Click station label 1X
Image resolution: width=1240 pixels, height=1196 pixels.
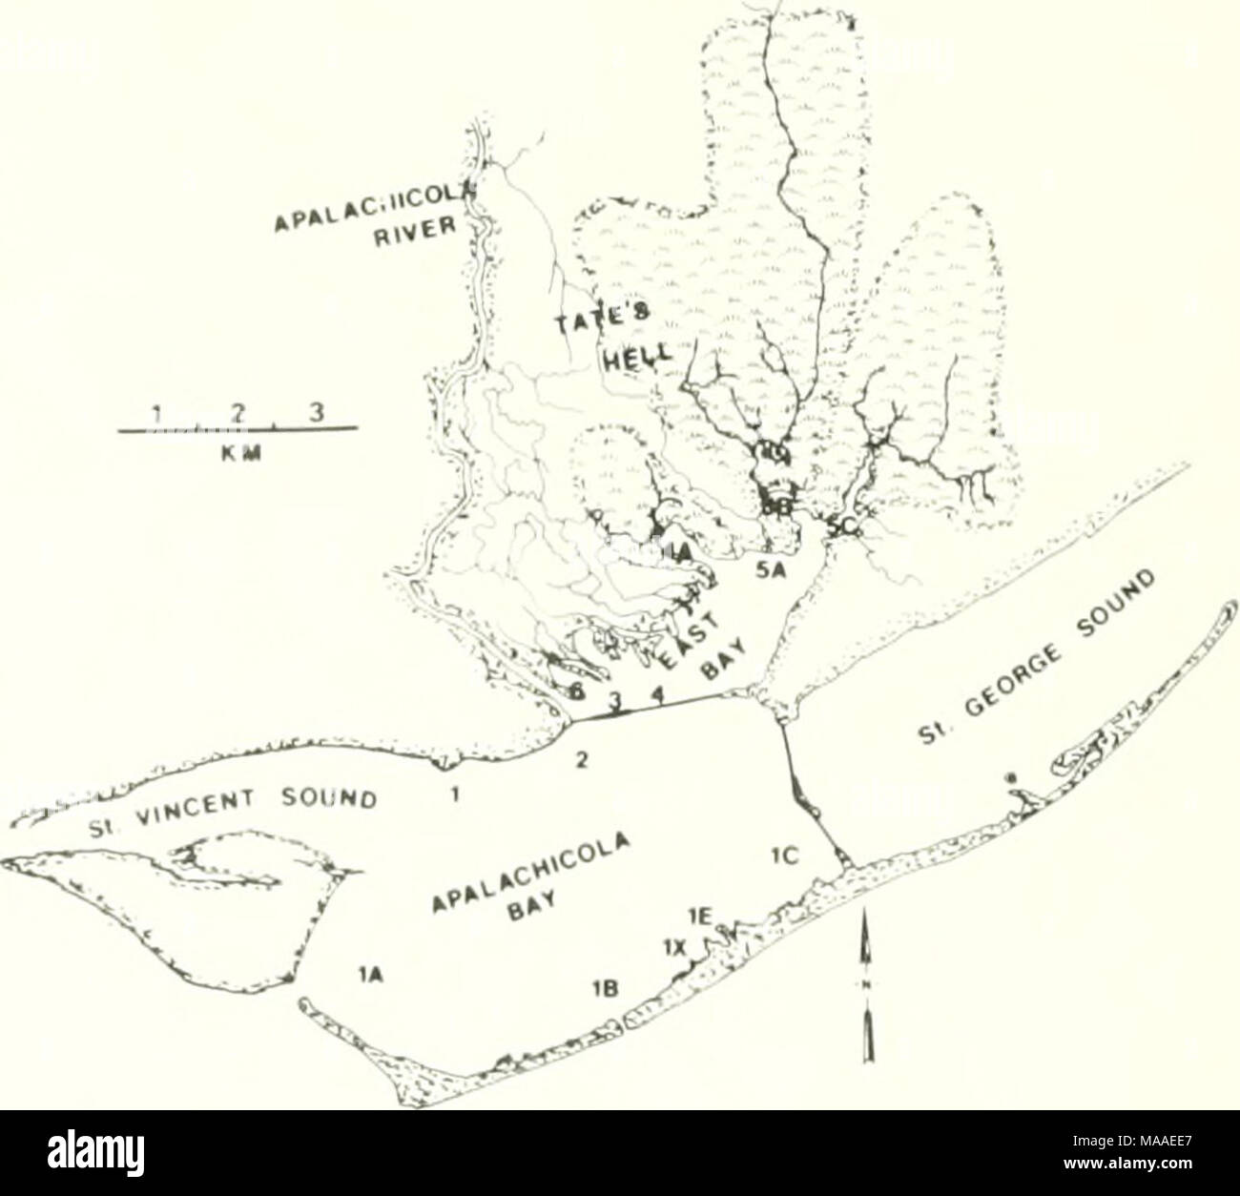(675, 947)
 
